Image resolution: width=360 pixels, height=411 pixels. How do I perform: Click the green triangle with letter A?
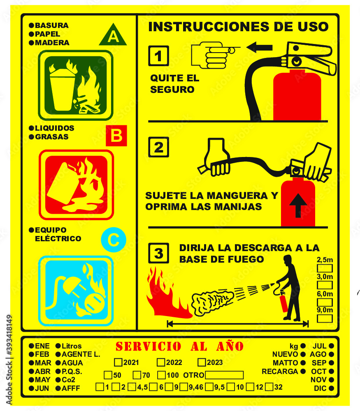(x=113, y=35)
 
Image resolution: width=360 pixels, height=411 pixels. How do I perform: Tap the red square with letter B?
(x=116, y=136)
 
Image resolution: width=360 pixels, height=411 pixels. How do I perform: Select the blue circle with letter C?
(x=114, y=240)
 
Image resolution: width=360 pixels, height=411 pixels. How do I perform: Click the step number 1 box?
(x=158, y=56)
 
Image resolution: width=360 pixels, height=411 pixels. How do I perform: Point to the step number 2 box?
(x=158, y=147)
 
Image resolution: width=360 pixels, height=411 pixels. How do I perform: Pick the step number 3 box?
(x=158, y=253)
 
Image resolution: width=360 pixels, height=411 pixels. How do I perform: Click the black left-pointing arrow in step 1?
(x=259, y=47)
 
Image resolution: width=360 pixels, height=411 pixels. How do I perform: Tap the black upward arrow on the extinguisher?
(x=298, y=205)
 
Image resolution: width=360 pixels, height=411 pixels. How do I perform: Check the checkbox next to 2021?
(x=118, y=362)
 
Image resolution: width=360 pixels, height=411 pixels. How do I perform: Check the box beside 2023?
(x=202, y=362)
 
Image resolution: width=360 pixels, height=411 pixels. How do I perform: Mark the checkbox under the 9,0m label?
(x=325, y=319)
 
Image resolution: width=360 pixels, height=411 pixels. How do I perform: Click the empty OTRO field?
(x=224, y=375)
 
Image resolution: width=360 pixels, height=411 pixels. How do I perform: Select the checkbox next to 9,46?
(x=184, y=387)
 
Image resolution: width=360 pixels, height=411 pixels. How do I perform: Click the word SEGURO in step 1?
(x=172, y=90)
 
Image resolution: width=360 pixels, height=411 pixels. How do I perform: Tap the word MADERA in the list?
(x=52, y=42)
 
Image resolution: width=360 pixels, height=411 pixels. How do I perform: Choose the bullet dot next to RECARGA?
(x=303, y=371)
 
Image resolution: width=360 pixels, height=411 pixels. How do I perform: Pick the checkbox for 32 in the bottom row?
(x=269, y=387)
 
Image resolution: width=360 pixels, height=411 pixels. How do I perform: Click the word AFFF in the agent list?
(x=71, y=388)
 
